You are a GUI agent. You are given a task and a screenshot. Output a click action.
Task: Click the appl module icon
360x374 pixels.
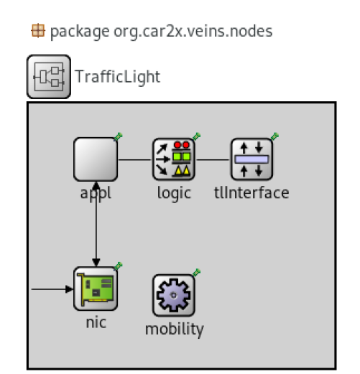click(96, 159)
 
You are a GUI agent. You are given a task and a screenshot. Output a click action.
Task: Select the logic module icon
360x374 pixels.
click(174, 159)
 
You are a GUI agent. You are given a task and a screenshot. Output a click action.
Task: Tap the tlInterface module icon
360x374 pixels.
click(251, 159)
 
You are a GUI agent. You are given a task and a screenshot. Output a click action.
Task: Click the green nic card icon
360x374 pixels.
click(96, 289)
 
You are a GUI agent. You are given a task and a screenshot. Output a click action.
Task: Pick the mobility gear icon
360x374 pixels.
click(174, 295)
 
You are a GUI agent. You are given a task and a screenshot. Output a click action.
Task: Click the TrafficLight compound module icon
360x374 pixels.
click(49, 77)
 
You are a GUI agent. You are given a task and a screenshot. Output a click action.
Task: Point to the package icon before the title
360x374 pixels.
click(38, 30)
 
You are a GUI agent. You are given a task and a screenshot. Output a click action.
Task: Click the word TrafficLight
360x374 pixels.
click(118, 77)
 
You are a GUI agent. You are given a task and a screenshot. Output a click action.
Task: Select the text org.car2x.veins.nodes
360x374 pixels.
click(193, 32)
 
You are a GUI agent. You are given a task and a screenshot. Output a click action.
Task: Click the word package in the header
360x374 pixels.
click(80, 32)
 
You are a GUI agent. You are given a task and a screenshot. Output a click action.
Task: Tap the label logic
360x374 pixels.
click(174, 193)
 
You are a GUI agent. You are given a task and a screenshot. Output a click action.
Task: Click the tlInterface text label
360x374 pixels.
click(251, 192)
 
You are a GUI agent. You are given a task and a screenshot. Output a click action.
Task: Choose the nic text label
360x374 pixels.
click(96, 322)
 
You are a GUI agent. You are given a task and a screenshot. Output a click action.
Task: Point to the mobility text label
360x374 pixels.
click(175, 329)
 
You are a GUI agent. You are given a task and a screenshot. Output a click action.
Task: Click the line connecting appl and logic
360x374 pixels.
click(135, 159)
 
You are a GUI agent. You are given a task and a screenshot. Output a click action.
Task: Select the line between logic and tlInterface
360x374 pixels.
click(213, 159)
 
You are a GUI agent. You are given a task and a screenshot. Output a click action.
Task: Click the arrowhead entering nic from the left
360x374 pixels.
click(69, 289)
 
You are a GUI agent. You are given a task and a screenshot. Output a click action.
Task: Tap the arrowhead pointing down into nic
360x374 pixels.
click(96, 263)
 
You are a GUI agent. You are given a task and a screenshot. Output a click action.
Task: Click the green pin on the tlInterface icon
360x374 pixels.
click(274, 136)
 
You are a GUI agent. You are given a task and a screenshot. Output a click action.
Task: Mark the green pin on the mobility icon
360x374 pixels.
click(197, 272)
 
